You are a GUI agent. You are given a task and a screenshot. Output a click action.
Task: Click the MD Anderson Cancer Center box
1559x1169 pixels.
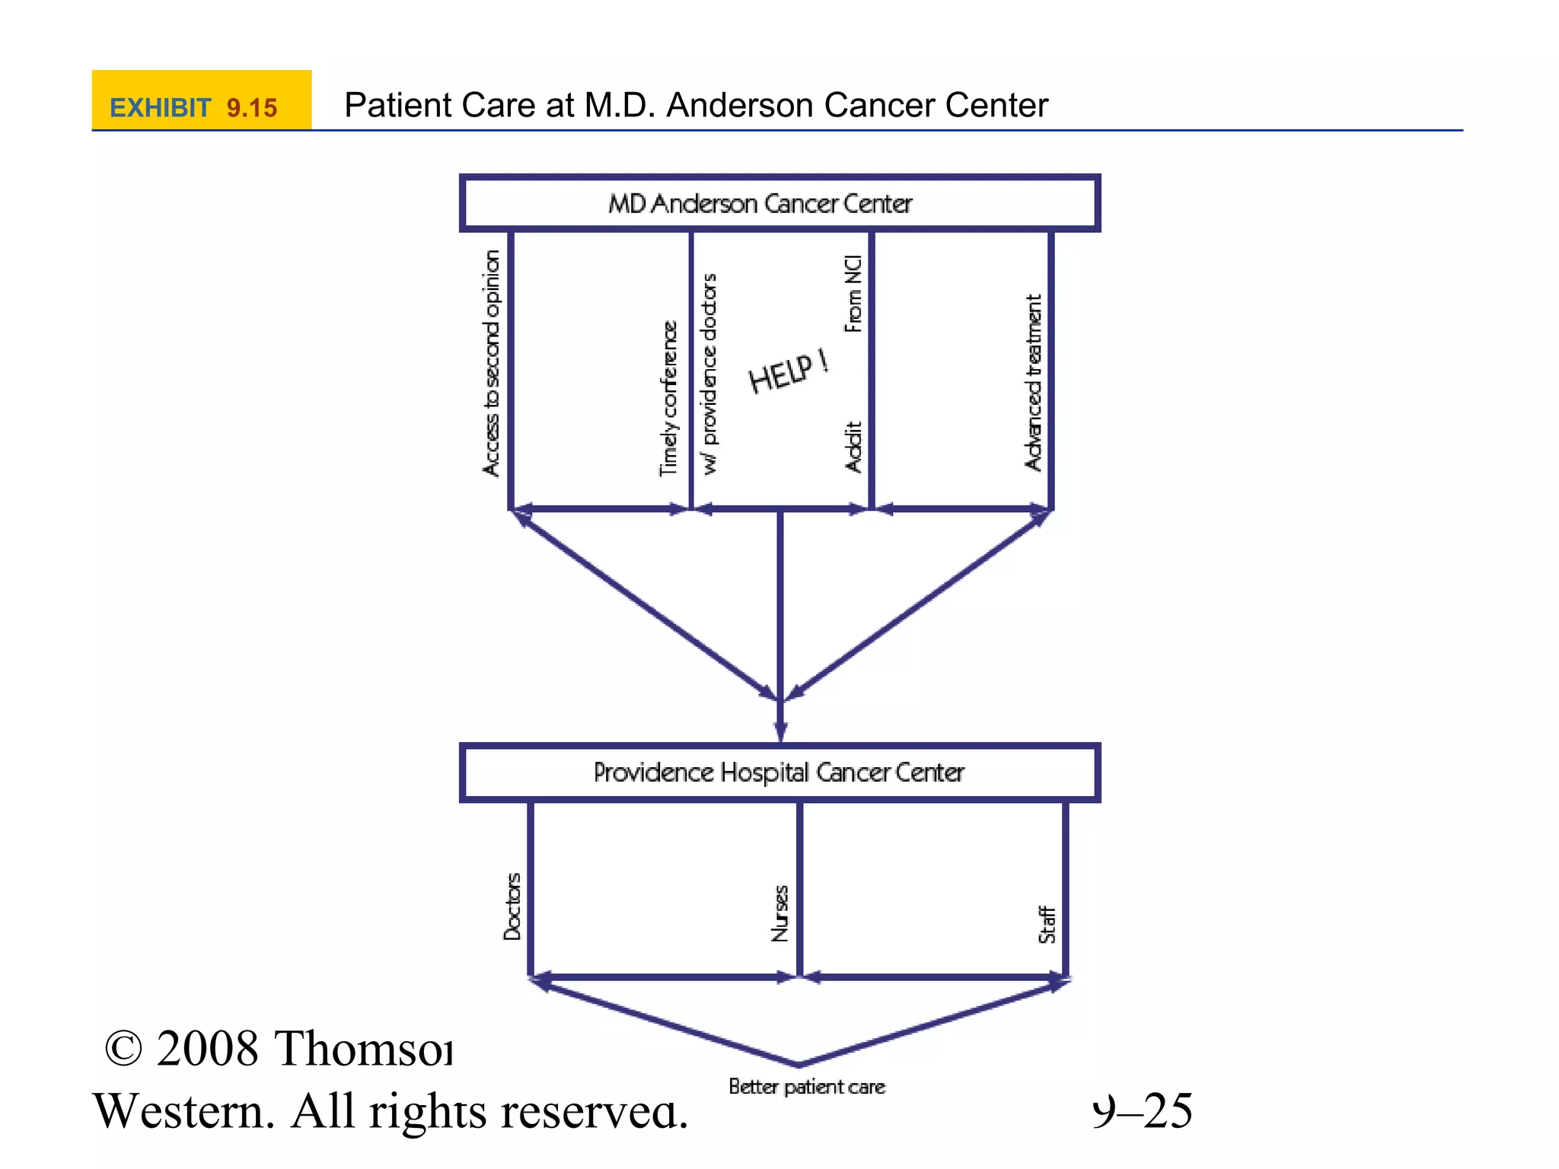pyautogui.click(x=779, y=203)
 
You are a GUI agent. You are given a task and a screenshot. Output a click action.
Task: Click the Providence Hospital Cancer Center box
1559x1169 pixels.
pyautogui.click(x=779, y=772)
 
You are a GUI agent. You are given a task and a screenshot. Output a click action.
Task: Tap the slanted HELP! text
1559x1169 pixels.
pyautogui.click(x=789, y=371)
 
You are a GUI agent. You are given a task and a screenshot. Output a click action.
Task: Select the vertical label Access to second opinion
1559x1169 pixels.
pyautogui.click(x=493, y=364)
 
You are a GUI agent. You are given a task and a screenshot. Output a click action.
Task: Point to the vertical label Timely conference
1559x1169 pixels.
pyautogui.click(x=668, y=399)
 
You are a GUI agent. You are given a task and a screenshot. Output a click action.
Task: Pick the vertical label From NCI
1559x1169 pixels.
pyautogui.click(x=853, y=294)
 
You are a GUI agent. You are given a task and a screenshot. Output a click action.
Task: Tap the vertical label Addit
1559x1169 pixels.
pyautogui.click(x=853, y=448)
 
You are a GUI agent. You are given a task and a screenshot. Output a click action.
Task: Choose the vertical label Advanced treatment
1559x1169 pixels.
pyautogui.click(x=1033, y=383)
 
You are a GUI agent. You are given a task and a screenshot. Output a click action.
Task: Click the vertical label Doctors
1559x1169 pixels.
pyautogui.click(x=512, y=906)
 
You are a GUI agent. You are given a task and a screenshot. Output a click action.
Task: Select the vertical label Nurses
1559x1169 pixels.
pyautogui.click(x=780, y=913)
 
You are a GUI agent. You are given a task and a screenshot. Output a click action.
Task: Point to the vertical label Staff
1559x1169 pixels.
pyautogui.click(x=1047, y=925)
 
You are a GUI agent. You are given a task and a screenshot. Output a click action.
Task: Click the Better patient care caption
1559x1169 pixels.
pyautogui.click(x=807, y=1087)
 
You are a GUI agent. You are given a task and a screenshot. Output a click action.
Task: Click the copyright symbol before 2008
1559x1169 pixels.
pyautogui.click(x=123, y=1049)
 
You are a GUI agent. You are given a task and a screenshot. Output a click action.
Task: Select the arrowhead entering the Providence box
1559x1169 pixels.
pyautogui.click(x=780, y=730)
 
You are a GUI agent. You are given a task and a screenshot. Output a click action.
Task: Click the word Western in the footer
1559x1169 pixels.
pyautogui.click(x=183, y=1111)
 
